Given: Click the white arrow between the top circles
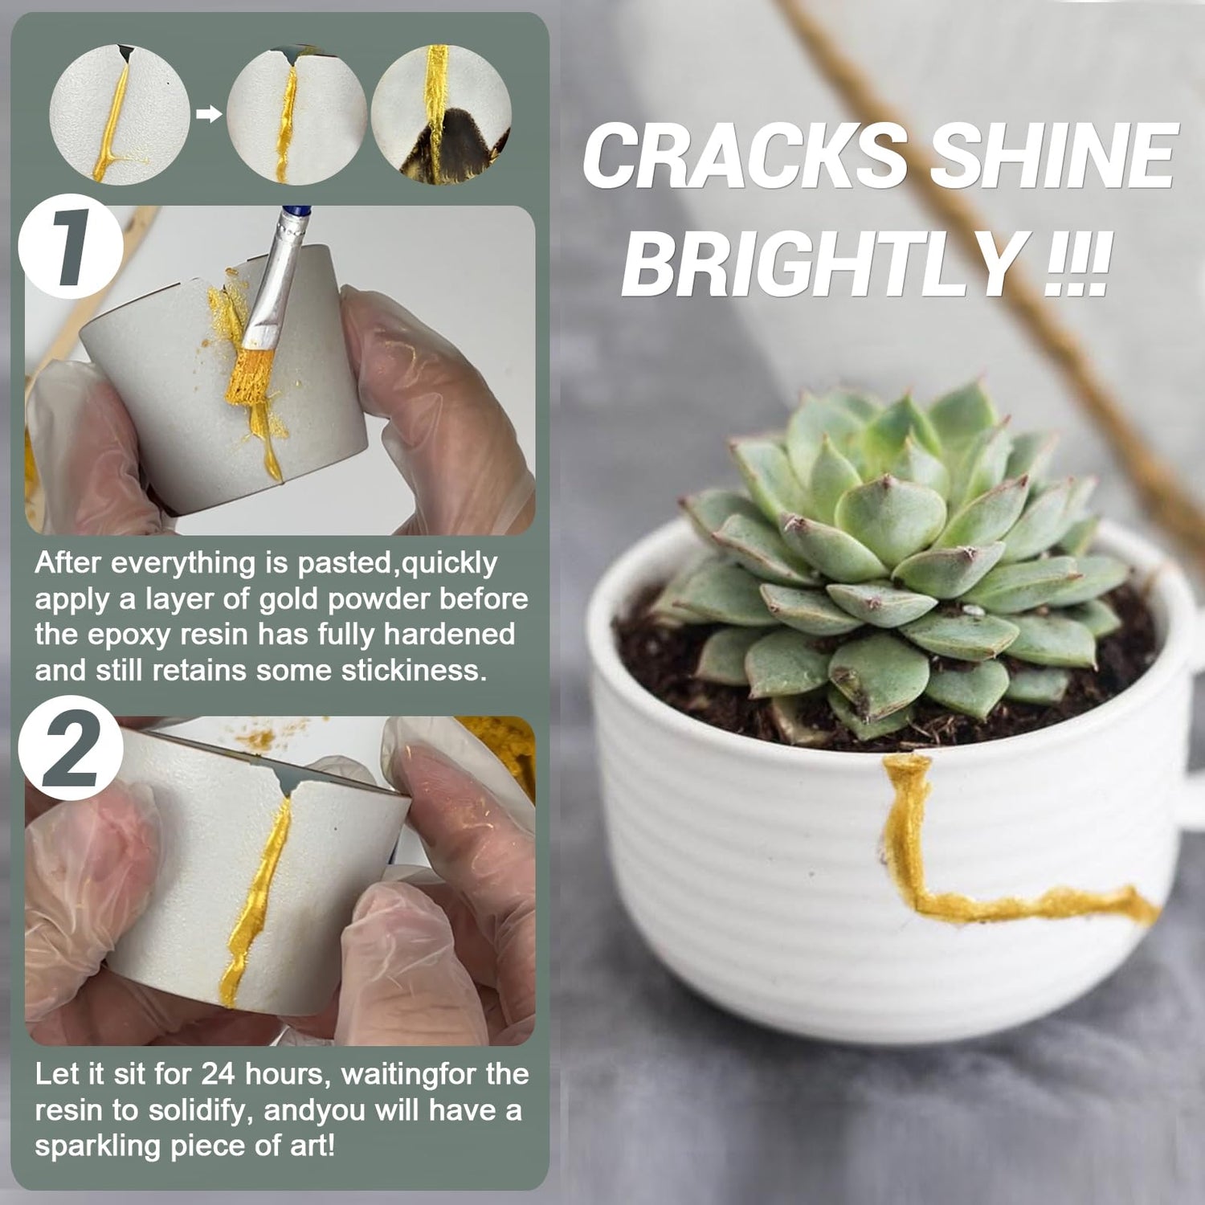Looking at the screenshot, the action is pos(209,115).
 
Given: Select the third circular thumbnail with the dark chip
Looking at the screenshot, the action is pos(441,114).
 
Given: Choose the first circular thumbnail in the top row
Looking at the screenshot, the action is pos(120,114).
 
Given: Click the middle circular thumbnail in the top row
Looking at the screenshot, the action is pos(296,114).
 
